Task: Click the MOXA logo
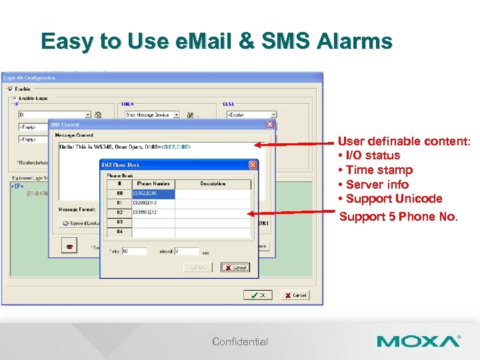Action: [x=418, y=341]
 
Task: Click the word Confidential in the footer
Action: [x=240, y=342]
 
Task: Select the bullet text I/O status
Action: [x=373, y=155]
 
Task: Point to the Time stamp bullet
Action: [x=379, y=170]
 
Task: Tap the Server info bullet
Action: [x=377, y=185]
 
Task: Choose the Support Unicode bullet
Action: [x=393, y=199]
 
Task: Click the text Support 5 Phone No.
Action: [x=399, y=217]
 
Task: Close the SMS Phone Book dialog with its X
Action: [x=253, y=165]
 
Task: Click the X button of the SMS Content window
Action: [x=270, y=124]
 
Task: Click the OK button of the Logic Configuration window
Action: [x=257, y=295]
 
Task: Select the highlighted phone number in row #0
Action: [x=153, y=194]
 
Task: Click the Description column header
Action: [x=213, y=183]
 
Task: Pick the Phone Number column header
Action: [x=153, y=183]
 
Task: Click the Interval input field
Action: [x=186, y=251]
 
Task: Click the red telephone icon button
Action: [x=68, y=246]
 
